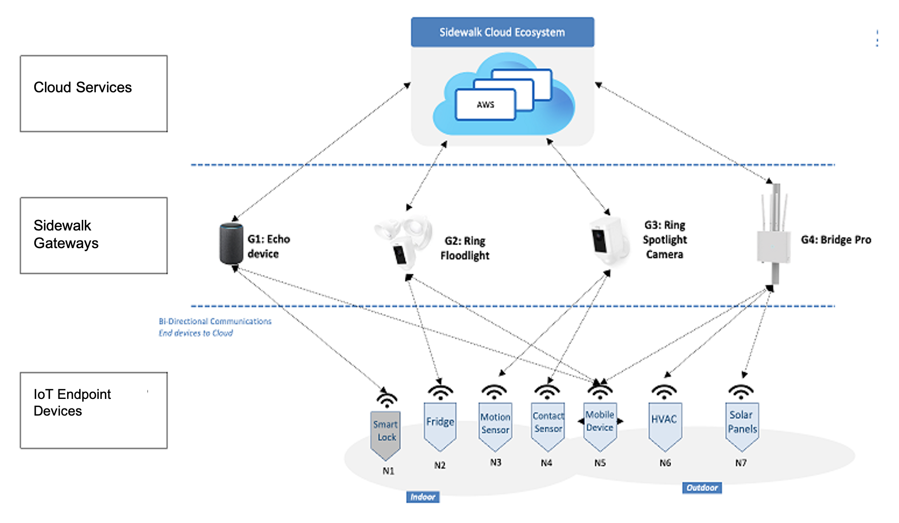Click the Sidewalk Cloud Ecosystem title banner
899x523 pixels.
tap(502, 32)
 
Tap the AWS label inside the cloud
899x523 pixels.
tap(485, 105)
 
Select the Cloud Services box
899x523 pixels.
tap(94, 94)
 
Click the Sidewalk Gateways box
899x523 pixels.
tap(94, 236)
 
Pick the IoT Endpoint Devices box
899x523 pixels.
tap(94, 411)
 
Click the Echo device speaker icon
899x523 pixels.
tap(231, 244)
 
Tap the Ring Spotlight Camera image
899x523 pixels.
tap(609, 241)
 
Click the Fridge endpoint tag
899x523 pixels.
tap(440, 424)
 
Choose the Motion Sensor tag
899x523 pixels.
tap(495, 424)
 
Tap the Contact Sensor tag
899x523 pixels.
tap(548, 424)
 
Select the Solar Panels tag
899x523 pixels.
tap(742, 424)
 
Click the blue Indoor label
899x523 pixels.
tap(423, 497)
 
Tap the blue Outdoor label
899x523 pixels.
tap(702, 488)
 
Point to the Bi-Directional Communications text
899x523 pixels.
tap(215, 321)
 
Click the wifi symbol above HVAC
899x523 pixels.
tap(664, 392)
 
